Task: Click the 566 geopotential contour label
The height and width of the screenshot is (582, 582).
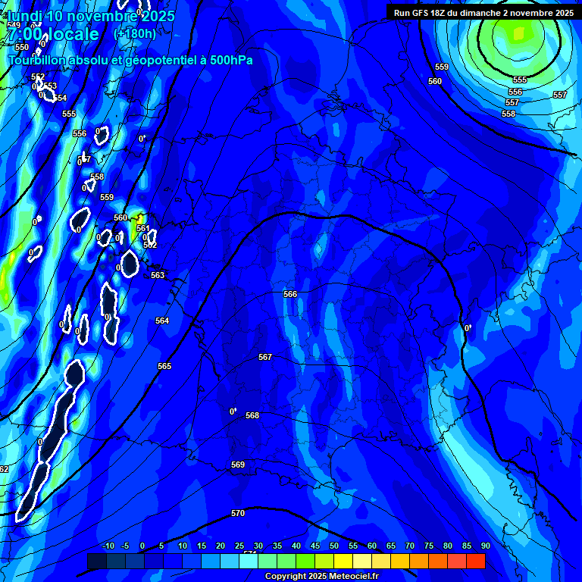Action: click(290, 294)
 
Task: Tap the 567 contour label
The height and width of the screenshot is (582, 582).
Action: click(264, 357)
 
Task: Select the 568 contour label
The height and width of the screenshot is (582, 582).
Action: click(252, 415)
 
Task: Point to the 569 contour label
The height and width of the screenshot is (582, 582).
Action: click(238, 465)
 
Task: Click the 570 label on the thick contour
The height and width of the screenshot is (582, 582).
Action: click(238, 513)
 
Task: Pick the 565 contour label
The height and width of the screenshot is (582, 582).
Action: click(164, 366)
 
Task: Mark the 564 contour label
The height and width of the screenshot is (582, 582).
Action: click(162, 321)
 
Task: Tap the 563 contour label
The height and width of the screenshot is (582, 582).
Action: click(158, 275)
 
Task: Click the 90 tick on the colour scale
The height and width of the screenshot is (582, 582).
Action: click(485, 546)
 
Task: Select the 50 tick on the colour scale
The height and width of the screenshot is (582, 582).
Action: click(334, 546)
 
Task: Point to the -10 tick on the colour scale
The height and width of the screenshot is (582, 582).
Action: click(108, 546)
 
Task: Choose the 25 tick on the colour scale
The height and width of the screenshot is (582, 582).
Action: click(239, 546)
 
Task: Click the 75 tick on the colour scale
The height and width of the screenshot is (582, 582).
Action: click(429, 546)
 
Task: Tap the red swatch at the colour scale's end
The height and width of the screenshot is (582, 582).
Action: click(476, 561)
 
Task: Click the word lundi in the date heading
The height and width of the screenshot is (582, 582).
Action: click(25, 15)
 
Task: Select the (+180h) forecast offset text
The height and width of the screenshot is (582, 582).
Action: click(134, 33)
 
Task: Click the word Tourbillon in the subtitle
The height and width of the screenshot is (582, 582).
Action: click(38, 60)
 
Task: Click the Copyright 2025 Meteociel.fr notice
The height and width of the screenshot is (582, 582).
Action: click(321, 577)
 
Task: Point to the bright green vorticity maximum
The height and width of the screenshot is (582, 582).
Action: click(518, 33)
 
